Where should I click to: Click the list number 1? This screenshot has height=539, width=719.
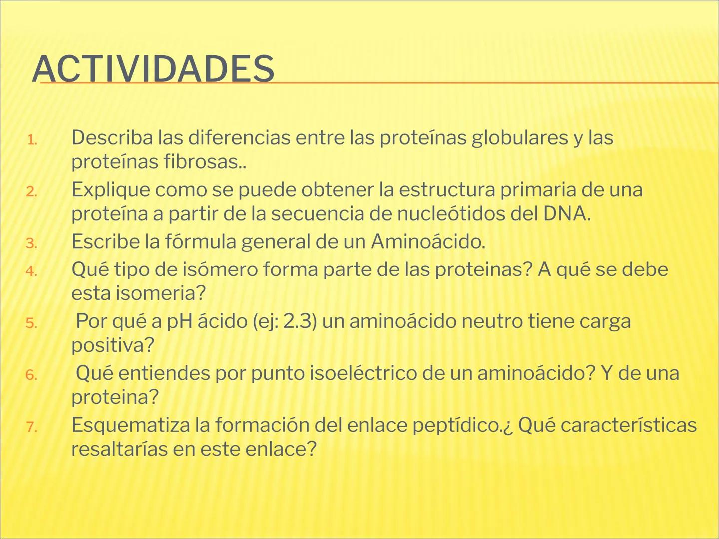point(32,140)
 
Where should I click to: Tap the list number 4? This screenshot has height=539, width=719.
point(32,271)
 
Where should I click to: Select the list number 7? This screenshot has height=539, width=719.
point(32,427)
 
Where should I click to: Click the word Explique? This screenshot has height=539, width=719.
point(110,190)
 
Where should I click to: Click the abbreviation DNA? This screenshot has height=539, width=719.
point(565,213)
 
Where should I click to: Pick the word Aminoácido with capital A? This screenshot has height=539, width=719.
point(427,241)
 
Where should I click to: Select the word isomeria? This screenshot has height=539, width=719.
point(160,293)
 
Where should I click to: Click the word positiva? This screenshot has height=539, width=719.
point(112,345)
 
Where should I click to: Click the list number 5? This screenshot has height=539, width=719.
point(32,323)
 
